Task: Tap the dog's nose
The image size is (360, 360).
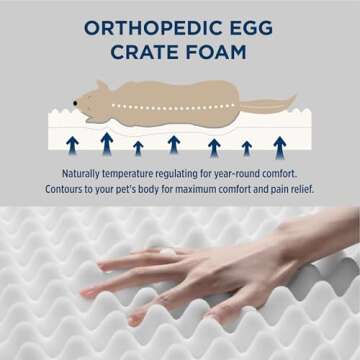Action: coord(76,103)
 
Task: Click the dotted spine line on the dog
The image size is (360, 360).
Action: coord(160,106)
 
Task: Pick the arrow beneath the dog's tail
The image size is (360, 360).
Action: coord(280,146)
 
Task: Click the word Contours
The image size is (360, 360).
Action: coord(65,188)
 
